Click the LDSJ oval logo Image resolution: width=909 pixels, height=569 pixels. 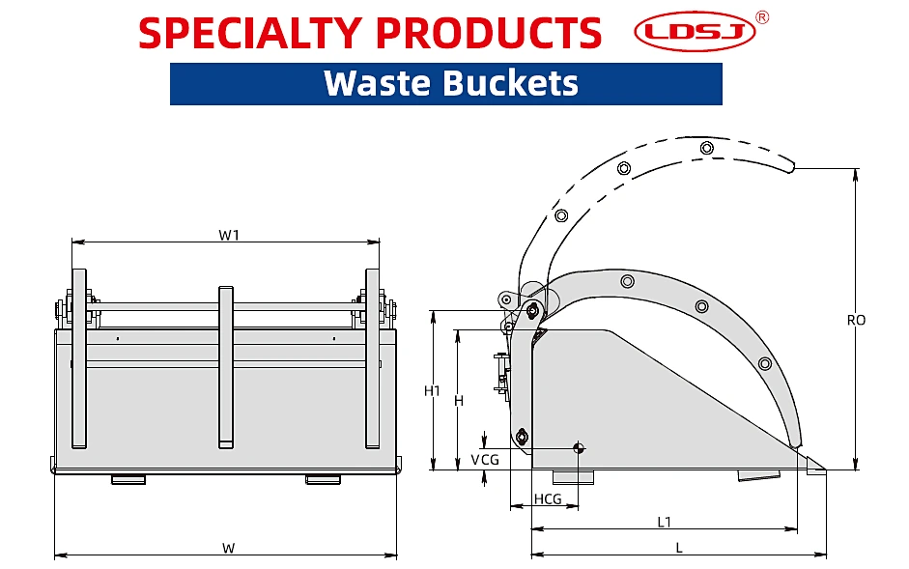(695, 31)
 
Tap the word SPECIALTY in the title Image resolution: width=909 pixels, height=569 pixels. (250, 33)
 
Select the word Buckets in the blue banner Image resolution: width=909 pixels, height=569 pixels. (511, 83)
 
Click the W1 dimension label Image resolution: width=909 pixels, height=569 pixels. (228, 235)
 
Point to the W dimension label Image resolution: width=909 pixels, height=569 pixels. (228, 548)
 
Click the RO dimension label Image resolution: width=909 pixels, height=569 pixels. (856, 320)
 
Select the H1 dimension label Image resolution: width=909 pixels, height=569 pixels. (432, 391)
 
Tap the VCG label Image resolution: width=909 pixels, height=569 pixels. (485, 460)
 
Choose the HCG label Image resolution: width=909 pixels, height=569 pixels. (548, 498)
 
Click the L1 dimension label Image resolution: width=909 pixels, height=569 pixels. (664, 522)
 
